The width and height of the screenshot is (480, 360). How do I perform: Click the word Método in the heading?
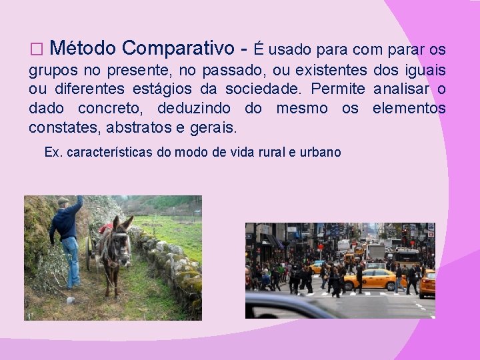point(83,49)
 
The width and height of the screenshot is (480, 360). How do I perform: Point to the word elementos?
point(409,107)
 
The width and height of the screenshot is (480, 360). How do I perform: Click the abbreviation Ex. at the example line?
point(53,152)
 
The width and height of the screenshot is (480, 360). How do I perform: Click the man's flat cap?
point(63,201)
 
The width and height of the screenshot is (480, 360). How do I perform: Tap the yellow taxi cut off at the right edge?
point(427,283)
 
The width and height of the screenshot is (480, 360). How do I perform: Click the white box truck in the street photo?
point(375,251)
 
